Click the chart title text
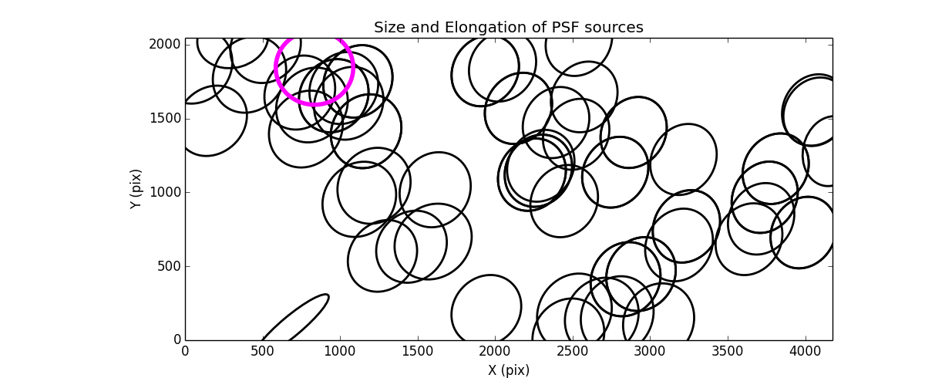(x=508, y=28)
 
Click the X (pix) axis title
(x=508, y=370)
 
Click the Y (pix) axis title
(x=136, y=189)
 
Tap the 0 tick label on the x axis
(x=185, y=351)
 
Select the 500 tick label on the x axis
(x=262, y=351)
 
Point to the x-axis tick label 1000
(x=340, y=351)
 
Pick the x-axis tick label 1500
(x=418, y=351)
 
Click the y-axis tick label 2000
(x=165, y=45)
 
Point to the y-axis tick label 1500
(x=165, y=118)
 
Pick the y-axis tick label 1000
(x=165, y=192)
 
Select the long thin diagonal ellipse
(x=297, y=318)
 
